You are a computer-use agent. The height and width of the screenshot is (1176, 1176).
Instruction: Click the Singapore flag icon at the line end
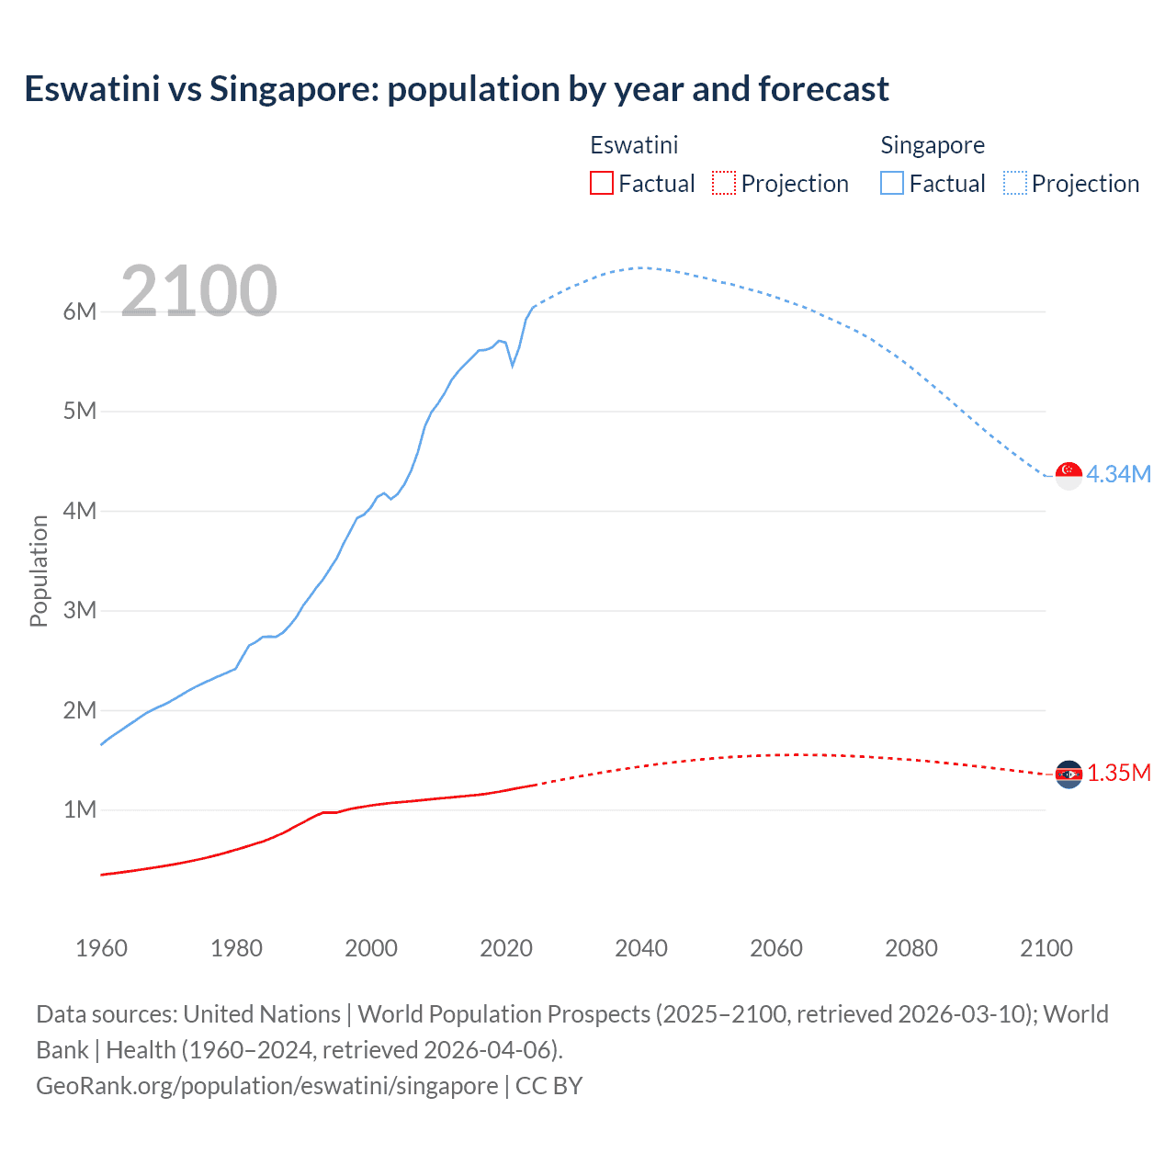pos(1069,475)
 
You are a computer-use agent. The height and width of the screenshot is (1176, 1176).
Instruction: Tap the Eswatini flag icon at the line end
pos(1069,775)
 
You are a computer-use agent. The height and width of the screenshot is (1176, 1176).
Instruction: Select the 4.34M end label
pos(1118,474)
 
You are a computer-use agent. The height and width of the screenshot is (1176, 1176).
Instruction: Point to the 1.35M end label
pos(1119,773)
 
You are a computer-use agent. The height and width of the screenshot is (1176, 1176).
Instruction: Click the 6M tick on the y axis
pos(80,311)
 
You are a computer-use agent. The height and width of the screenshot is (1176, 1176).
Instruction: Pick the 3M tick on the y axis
pos(80,610)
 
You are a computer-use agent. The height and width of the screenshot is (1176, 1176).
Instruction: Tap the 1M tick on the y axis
pos(80,809)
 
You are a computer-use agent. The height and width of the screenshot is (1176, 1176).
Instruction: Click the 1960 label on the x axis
pos(101,948)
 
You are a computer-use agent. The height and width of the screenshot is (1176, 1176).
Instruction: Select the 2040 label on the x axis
pos(641,948)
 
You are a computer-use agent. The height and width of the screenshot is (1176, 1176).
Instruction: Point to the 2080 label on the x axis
pos(911,948)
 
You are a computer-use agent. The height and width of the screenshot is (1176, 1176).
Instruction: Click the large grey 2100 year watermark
pos(198,290)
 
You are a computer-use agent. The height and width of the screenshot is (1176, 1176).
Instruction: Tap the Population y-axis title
pos(39,571)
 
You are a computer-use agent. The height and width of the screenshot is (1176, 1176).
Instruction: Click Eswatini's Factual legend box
pos(601,183)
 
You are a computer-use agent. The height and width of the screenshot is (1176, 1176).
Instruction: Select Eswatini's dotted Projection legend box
pos(724,183)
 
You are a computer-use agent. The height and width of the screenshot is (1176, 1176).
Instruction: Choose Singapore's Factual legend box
pos(892,183)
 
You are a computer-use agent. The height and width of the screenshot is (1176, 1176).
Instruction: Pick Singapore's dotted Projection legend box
pos(1015,183)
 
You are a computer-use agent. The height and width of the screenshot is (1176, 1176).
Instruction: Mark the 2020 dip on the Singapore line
pos(513,366)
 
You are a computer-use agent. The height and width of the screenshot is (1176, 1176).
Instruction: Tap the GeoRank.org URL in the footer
pos(266,1085)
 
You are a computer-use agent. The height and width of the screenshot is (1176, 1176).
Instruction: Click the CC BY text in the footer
pos(549,1085)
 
